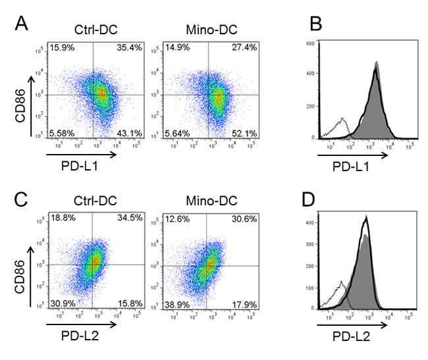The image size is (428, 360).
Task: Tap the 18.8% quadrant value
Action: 63,220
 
